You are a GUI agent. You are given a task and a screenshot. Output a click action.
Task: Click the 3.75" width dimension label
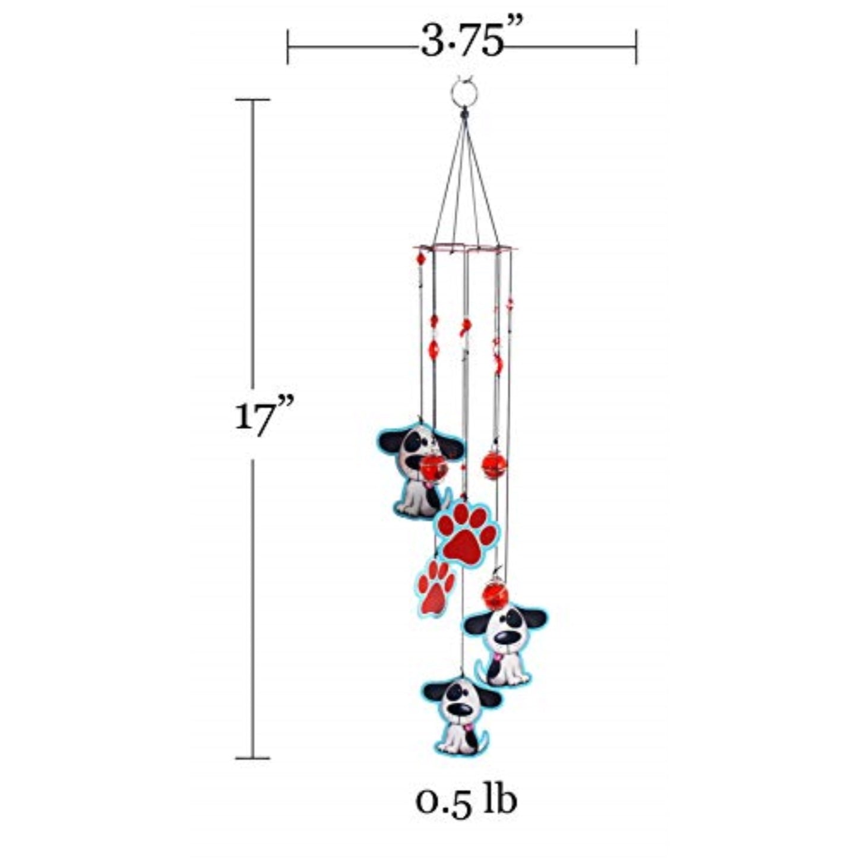pyautogui.click(x=463, y=43)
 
